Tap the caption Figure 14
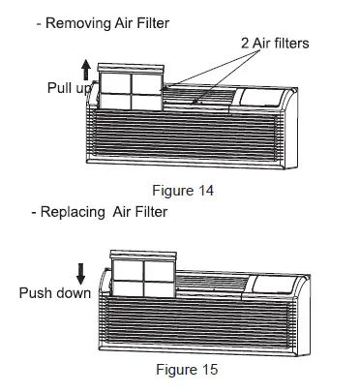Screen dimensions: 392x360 tap(187, 190)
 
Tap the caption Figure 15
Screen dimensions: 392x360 tap(187, 370)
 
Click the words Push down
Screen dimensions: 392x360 tap(52, 293)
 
